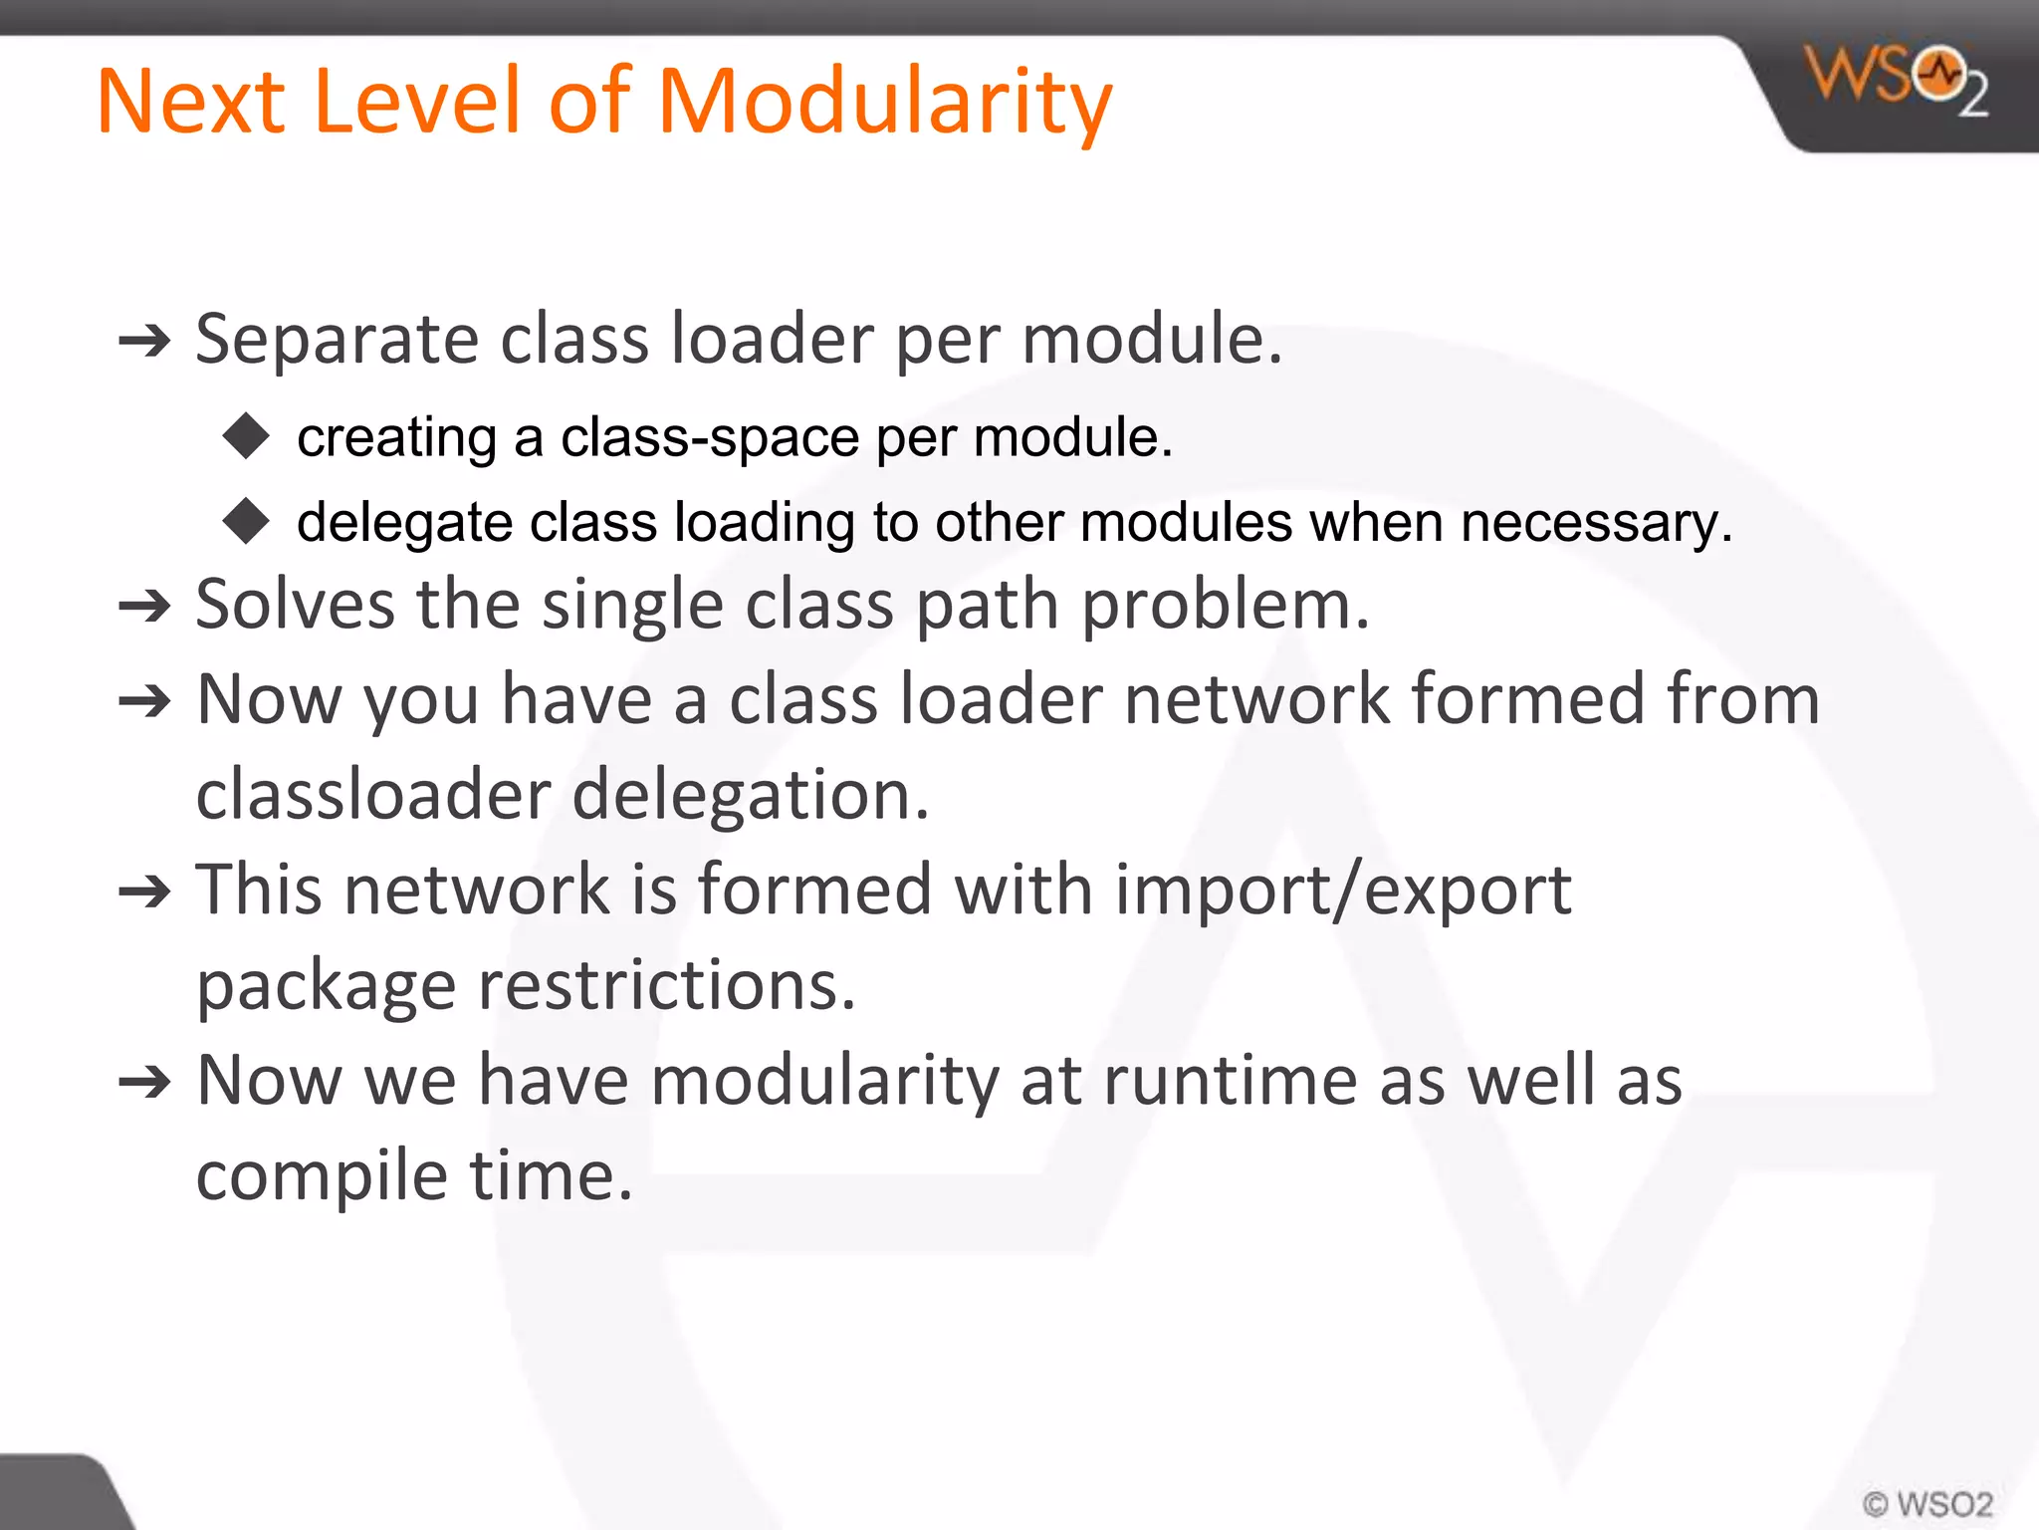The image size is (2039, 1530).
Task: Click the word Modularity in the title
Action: coord(884,102)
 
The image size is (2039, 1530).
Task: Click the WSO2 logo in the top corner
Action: coord(1896,80)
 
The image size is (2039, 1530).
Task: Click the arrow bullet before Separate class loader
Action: coord(145,343)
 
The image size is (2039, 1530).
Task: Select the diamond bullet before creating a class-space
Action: coord(246,436)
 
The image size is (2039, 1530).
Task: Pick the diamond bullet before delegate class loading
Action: coord(246,521)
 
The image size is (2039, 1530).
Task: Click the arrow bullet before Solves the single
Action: coord(145,606)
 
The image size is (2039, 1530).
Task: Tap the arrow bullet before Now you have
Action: coord(145,701)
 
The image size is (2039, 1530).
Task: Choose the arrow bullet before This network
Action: coord(145,892)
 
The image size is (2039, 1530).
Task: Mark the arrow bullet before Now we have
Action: coord(145,1082)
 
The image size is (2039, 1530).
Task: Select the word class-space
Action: coord(709,437)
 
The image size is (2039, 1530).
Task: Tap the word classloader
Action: coord(372,795)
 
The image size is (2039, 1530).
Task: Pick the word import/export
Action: coord(1342,890)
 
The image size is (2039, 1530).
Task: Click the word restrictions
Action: coord(666,985)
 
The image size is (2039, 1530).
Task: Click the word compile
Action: coord(322,1176)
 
